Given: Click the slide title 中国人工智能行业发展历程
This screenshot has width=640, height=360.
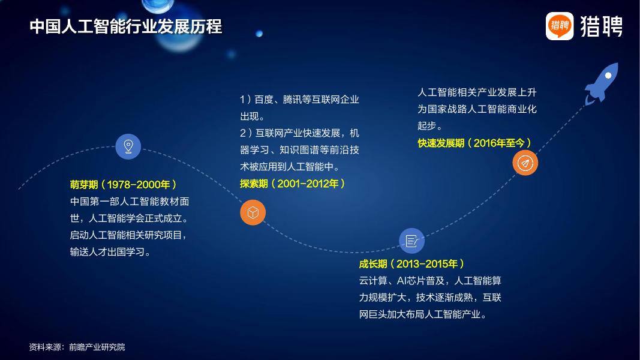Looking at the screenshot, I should click(125, 27).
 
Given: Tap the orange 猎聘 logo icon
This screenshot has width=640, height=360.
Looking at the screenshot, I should click(560, 26).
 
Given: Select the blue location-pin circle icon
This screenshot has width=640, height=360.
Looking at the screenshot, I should click(128, 146).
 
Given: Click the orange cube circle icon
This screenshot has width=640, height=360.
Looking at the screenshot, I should click(253, 212).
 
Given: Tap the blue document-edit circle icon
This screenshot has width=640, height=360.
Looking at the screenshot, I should click(411, 241).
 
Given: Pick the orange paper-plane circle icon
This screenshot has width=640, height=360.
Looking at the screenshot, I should click(525, 163).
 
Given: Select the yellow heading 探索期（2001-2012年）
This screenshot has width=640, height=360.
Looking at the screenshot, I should click(292, 184).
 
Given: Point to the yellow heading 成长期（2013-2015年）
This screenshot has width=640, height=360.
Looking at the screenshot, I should click(411, 264).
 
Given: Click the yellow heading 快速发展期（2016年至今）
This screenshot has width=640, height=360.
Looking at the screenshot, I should click(474, 143).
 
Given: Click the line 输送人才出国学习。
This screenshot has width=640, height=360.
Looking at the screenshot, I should click(110, 252).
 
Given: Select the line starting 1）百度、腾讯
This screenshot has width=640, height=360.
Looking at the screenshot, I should click(299, 100).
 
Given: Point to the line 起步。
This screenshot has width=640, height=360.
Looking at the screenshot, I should click(430, 126).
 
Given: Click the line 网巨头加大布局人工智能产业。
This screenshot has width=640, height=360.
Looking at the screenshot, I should click(423, 314).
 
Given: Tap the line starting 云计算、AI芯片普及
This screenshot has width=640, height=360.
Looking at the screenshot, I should click(430, 281).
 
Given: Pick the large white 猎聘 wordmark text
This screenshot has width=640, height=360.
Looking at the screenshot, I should click(601, 26).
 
